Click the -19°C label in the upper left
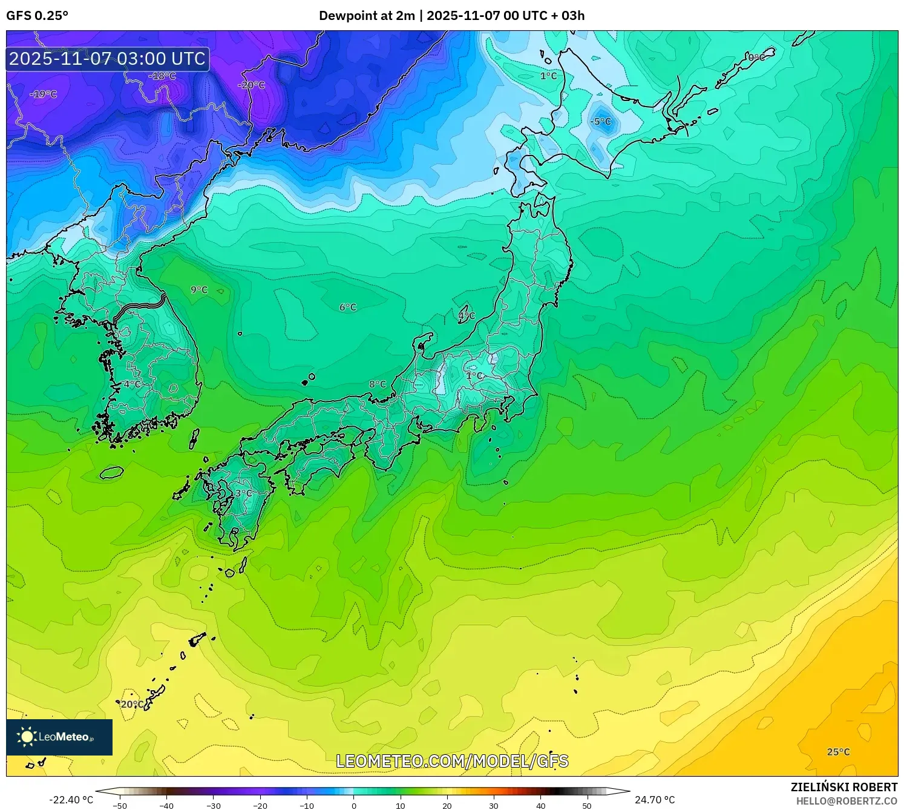click(44, 94)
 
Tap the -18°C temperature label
click(162, 76)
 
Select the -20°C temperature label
click(251, 85)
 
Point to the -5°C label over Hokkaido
click(601, 122)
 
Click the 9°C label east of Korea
click(199, 290)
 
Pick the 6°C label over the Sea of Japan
click(348, 308)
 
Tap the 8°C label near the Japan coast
click(378, 384)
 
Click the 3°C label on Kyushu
click(244, 493)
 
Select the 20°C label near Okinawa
click(133, 705)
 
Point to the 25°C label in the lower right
click(839, 752)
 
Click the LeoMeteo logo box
click(59, 737)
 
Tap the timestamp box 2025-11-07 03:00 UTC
click(108, 59)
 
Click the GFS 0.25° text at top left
click(38, 16)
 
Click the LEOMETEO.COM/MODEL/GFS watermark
click(452, 761)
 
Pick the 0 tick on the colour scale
click(354, 805)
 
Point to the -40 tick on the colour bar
click(166, 805)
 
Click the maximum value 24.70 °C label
click(655, 800)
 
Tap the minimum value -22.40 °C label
click(71, 800)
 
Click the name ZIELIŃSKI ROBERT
click(844, 787)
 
